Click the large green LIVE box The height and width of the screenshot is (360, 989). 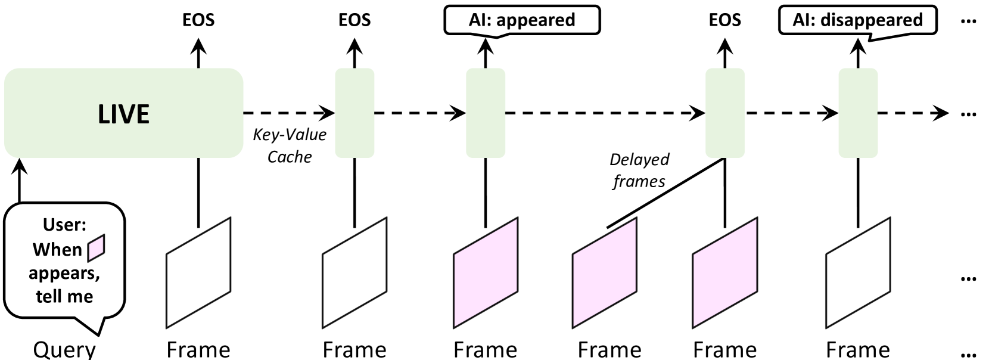pyautogui.click(x=123, y=113)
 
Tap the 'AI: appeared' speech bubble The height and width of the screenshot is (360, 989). pyautogui.click(x=522, y=20)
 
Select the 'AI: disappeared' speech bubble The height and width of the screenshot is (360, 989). pyautogui.click(x=857, y=20)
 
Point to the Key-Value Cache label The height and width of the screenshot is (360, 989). pyautogui.click(x=290, y=145)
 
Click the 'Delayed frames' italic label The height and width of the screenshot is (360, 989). pyautogui.click(x=639, y=170)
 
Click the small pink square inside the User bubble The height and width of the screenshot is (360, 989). pyautogui.click(x=96, y=248)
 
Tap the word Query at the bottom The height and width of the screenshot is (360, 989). pyautogui.click(x=64, y=349)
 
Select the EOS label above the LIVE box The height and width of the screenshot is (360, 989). pyautogui.click(x=198, y=20)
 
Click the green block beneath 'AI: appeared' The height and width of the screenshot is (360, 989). pyautogui.click(x=485, y=113)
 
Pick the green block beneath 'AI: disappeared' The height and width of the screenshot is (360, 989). pyautogui.click(x=858, y=113)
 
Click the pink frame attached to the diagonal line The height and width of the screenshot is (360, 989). pyautogui.click(x=605, y=273)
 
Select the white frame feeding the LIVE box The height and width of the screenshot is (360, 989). pyautogui.click(x=198, y=273)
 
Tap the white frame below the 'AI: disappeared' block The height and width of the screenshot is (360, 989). pyautogui.click(x=858, y=273)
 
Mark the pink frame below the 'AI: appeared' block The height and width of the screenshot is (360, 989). pyautogui.click(x=486, y=273)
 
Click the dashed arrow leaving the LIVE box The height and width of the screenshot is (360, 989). pyautogui.click(x=289, y=113)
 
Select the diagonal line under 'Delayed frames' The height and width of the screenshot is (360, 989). pyautogui.click(x=664, y=193)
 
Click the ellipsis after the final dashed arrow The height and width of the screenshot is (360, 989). pyautogui.click(x=969, y=113)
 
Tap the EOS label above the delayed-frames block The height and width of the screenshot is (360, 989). pyautogui.click(x=724, y=20)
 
